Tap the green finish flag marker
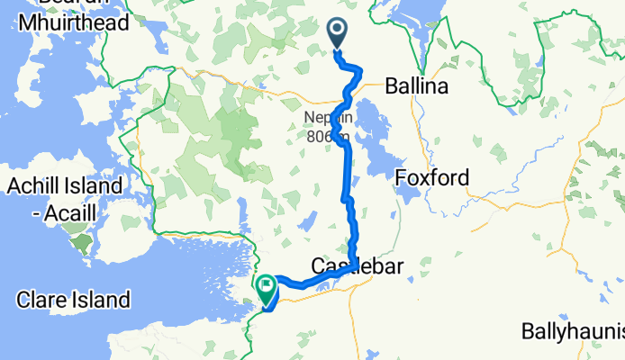click(267, 287)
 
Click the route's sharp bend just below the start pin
click(359, 69)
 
